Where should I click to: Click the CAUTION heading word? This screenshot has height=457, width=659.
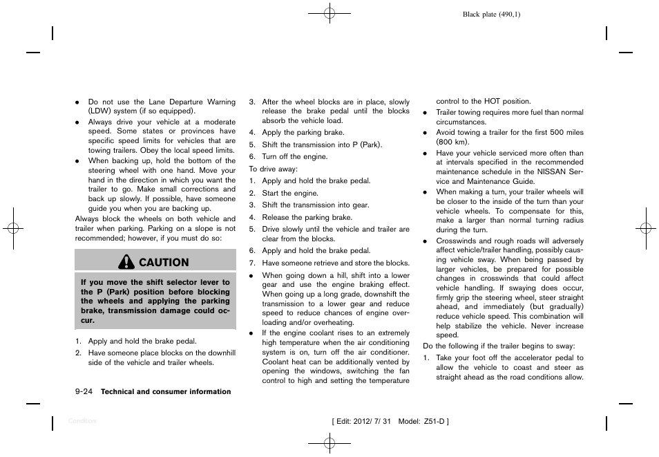click(164, 262)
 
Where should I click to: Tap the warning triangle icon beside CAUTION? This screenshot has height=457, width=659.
click(127, 262)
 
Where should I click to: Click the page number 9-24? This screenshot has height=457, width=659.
click(84, 391)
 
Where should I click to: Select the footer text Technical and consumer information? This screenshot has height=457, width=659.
click(166, 392)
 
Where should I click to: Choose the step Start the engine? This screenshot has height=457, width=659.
click(290, 193)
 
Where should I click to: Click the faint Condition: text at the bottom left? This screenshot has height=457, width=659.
click(82, 421)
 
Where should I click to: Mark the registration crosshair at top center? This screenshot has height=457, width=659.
click(329, 12)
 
